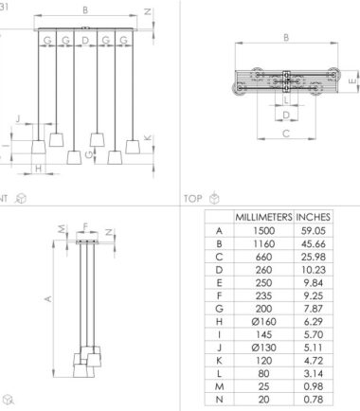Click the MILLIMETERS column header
263,217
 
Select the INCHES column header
313,217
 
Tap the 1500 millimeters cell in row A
263,231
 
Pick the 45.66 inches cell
313,243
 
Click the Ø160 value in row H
263,322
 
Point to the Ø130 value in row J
263,348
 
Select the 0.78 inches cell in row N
313,400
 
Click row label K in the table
219,361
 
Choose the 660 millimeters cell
263,257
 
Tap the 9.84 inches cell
313,282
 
